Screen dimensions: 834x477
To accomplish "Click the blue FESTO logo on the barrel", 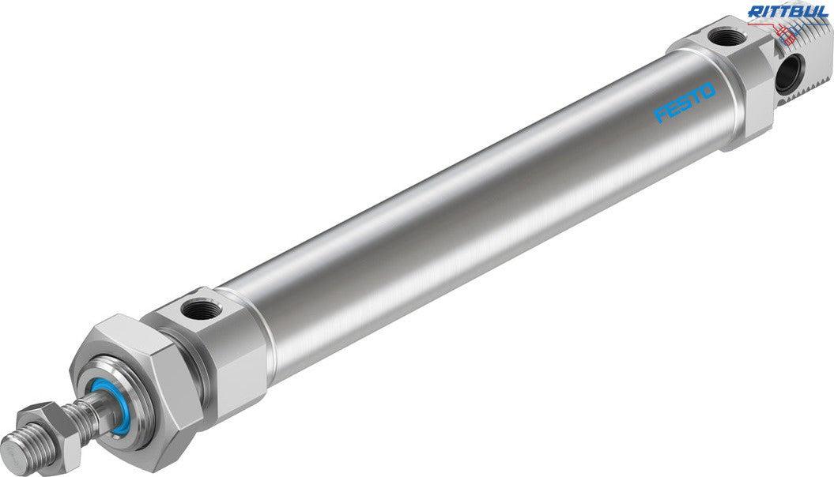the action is coord(685,102).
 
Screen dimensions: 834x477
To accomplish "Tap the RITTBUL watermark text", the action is coord(788,12).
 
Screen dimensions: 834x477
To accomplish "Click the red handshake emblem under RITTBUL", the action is coord(789,31).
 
